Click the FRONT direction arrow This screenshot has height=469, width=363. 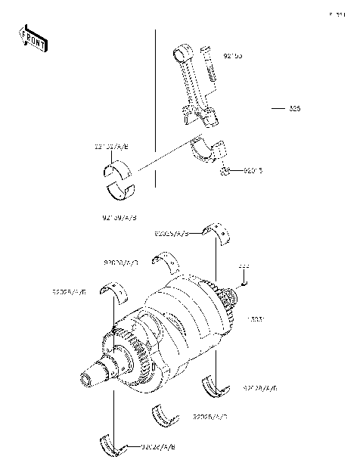click(28, 39)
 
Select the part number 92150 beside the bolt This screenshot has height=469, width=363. click(233, 56)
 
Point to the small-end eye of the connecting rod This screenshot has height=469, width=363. click(181, 52)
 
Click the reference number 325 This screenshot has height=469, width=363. click(294, 109)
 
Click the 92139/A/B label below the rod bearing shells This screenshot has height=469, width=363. click(119, 218)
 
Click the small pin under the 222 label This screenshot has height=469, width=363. click(244, 281)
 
